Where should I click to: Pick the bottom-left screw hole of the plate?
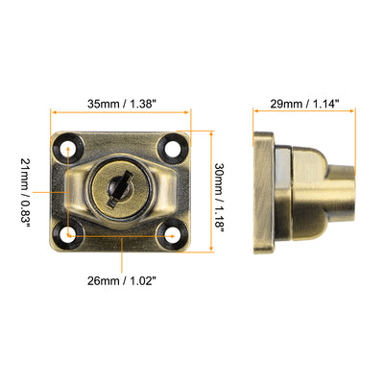70,233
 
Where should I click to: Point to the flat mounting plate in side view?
262,192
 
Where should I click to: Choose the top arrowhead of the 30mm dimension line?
204,134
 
